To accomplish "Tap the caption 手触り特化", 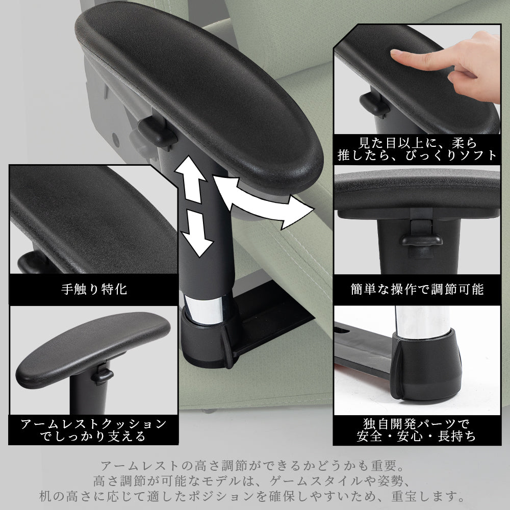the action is pyautogui.click(x=94, y=289).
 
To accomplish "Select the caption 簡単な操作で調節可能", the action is pyautogui.click(x=417, y=289).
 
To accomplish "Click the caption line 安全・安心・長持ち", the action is pyautogui.click(x=416, y=436).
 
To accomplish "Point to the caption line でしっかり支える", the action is pyautogui.click(x=93, y=436).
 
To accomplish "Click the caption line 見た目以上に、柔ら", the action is pyautogui.click(x=418, y=143).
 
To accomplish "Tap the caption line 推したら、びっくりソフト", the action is pyautogui.click(x=417, y=156).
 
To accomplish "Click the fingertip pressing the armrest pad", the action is pyautogui.click(x=395, y=53).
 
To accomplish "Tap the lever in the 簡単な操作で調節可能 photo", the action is pyautogui.click(x=422, y=239).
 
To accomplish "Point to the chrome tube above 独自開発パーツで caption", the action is pyautogui.click(x=422, y=321).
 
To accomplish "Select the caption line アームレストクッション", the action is pyautogui.click(x=93, y=424).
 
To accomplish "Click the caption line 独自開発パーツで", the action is pyautogui.click(x=416, y=424).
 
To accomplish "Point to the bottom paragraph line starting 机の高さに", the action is pyautogui.click(x=252, y=496).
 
